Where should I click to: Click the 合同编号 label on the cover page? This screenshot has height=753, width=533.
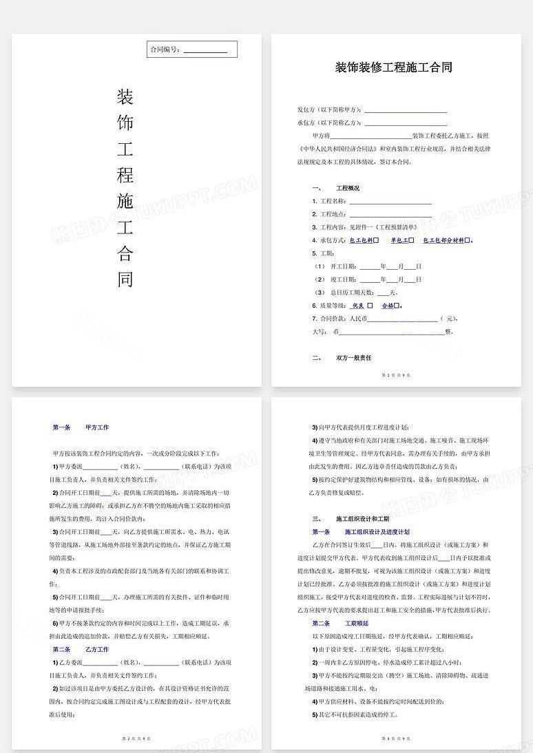pos(165,50)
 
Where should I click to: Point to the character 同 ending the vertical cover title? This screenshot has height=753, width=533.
pos(125,279)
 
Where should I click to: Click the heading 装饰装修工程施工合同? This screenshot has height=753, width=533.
pos(393,67)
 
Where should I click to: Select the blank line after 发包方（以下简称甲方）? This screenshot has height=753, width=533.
pos(406,110)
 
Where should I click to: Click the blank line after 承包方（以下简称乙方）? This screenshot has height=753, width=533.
pos(406,123)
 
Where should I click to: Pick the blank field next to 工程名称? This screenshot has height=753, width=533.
pos(390,202)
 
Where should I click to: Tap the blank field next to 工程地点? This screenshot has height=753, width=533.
pos(390,215)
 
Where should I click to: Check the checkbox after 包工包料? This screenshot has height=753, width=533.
pos(376,241)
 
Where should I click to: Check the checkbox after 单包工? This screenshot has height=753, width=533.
pos(412,241)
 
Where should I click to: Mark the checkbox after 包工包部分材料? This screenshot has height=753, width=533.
pos(468,241)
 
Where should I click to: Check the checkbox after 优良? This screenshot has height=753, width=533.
pos(370,306)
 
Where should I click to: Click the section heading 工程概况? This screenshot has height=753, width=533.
pos(347,189)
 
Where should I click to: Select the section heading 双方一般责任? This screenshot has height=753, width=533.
pos(353,358)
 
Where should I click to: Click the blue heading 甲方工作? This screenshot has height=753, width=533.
pos(96,427)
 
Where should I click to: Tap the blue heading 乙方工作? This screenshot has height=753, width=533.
pos(96,649)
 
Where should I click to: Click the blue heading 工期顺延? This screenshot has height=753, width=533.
pos(357,623)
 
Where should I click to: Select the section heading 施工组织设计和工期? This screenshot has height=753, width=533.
pos(362,519)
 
